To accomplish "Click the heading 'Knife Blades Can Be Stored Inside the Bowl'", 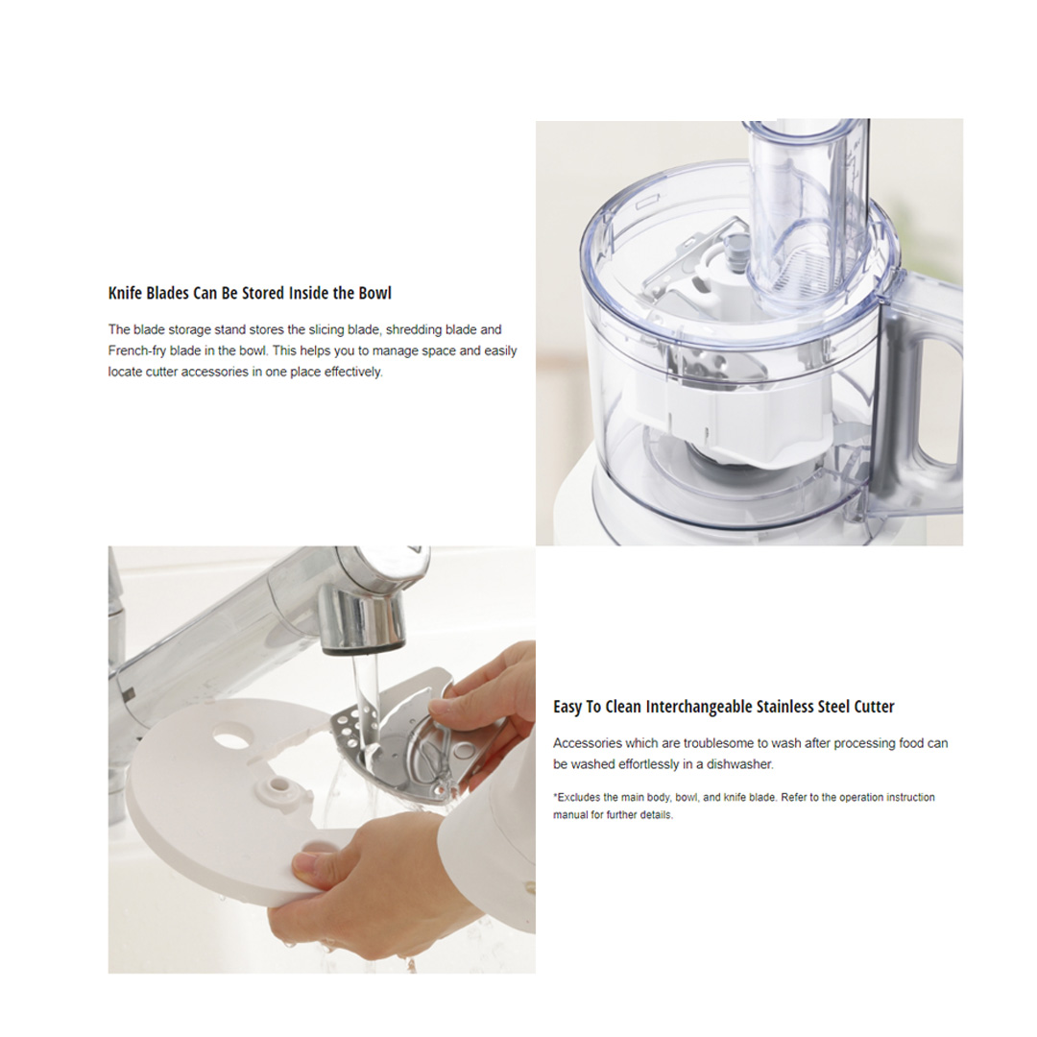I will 250,293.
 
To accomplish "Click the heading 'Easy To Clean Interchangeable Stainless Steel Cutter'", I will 723,707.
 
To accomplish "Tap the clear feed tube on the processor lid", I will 807,211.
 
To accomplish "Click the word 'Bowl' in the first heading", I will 374,293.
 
